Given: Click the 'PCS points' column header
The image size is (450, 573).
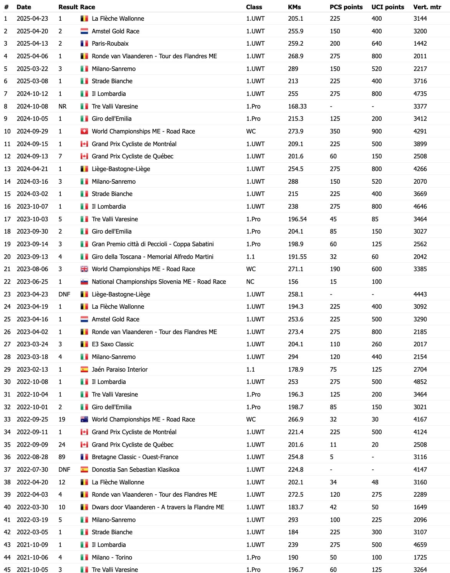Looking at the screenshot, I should (x=346, y=7).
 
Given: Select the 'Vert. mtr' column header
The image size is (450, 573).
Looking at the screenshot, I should (x=427, y=7).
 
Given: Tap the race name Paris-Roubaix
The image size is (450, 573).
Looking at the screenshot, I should (x=110, y=43).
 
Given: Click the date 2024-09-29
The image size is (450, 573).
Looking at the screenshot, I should (x=32, y=131).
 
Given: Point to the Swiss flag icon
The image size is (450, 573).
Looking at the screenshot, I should (x=84, y=131).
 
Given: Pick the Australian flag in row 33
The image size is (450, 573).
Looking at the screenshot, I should (x=84, y=419).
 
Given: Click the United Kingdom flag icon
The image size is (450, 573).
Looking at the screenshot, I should (x=84, y=269).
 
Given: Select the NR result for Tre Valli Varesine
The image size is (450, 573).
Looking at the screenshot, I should (x=63, y=106).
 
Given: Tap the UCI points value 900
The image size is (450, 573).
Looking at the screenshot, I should (x=377, y=131).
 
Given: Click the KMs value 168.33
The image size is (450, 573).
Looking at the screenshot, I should (x=297, y=106).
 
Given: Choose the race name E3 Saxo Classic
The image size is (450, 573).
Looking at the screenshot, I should (x=113, y=344).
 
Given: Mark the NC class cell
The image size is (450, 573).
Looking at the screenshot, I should (x=250, y=282).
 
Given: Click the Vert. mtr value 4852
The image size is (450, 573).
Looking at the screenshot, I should (x=420, y=382).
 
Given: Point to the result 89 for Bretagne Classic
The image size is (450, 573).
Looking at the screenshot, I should (x=62, y=457).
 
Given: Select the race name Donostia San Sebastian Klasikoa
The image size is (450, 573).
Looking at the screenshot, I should (x=136, y=469).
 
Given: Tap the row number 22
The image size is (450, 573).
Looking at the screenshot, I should (x=7, y=282).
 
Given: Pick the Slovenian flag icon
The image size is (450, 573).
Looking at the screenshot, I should (x=84, y=282).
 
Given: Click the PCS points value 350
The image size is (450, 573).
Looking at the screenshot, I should (x=335, y=131).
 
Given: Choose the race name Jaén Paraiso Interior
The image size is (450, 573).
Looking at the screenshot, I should (x=120, y=369).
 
